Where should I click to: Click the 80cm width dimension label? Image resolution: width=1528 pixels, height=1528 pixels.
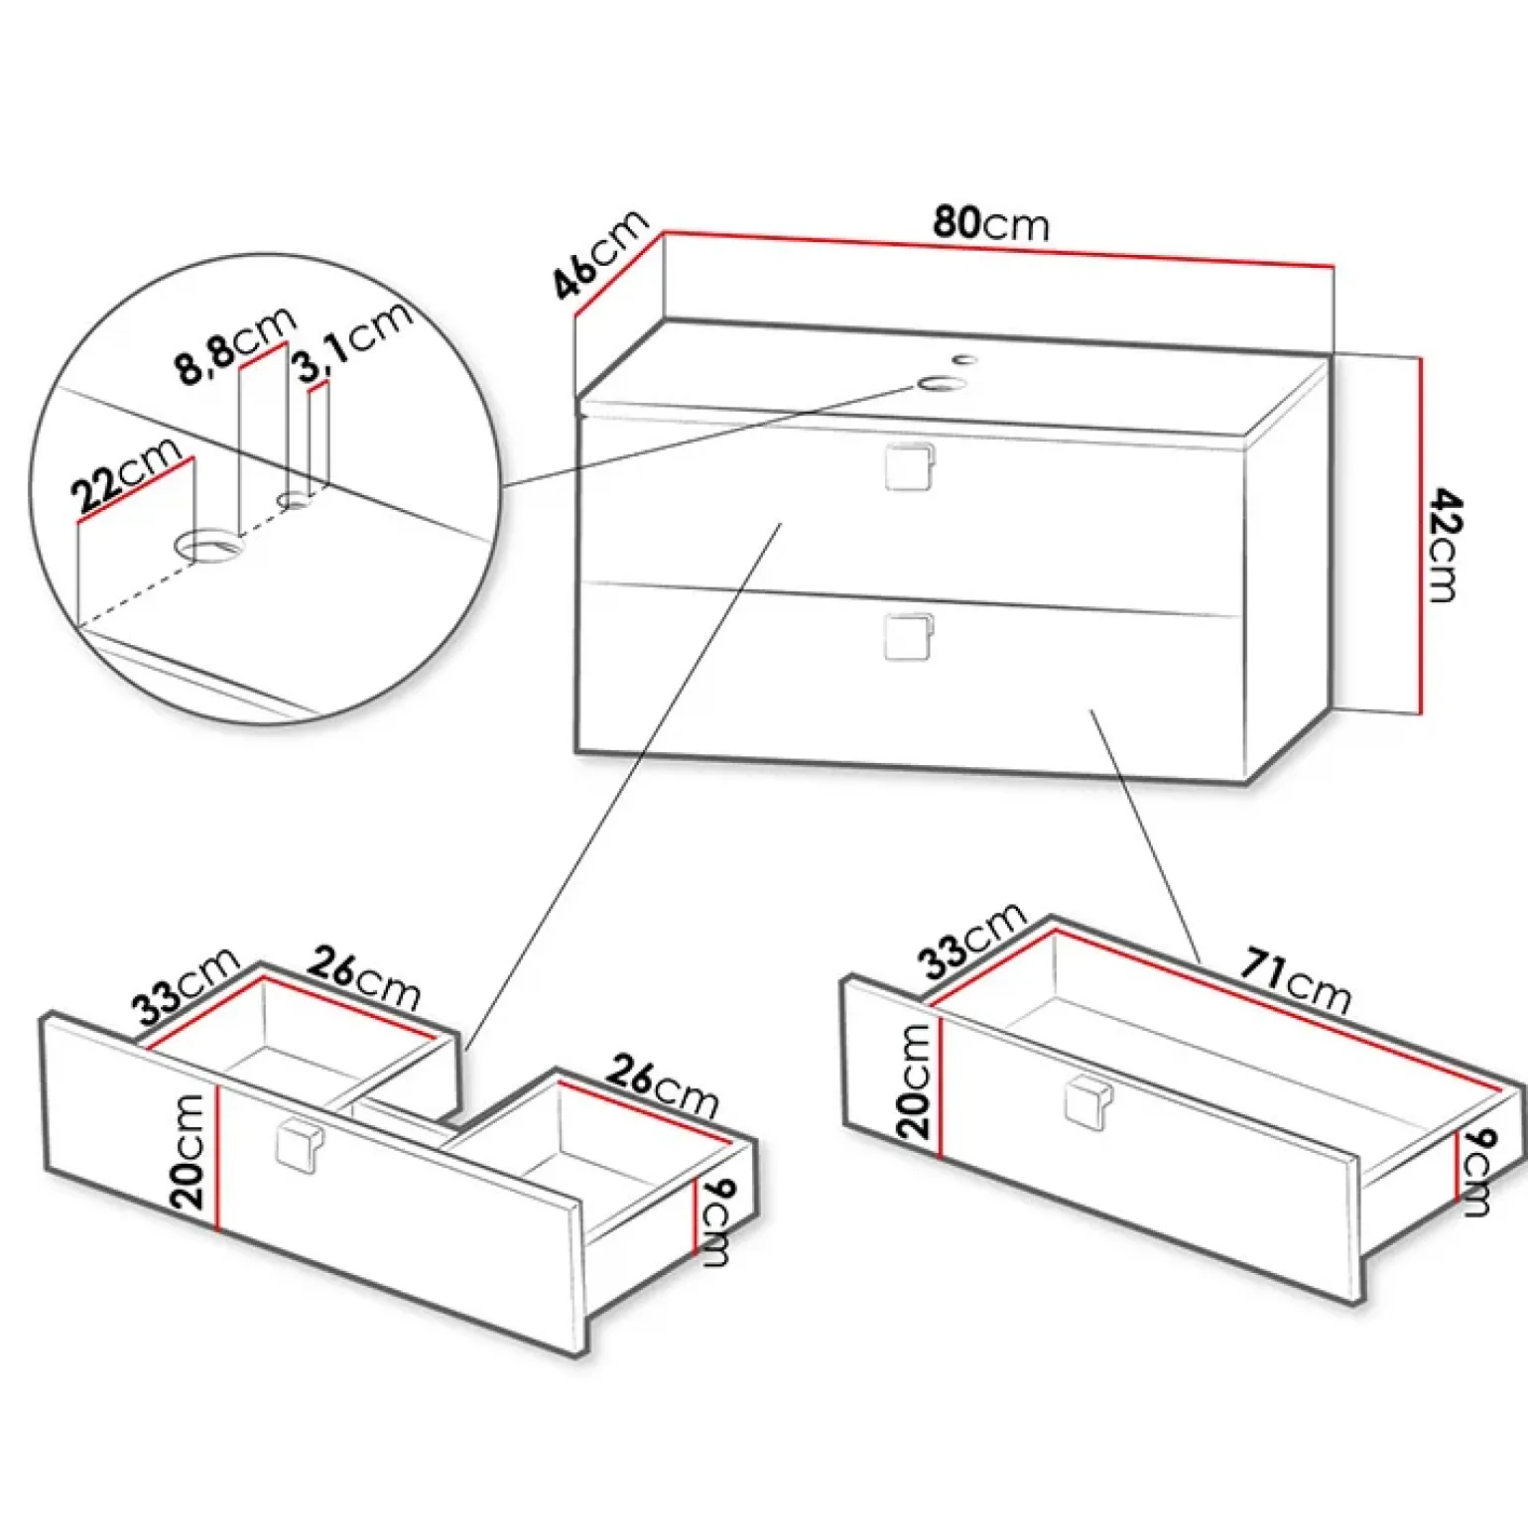coord(990,222)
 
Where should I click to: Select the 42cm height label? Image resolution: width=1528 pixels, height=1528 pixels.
coord(1444,546)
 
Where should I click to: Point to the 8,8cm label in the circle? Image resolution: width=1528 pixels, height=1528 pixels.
coord(237,343)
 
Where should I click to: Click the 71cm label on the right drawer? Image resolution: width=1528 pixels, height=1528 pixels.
coord(1296,981)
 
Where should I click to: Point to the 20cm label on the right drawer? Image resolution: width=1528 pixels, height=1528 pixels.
coord(914,1081)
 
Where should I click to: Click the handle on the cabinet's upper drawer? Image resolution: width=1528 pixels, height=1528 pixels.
coord(909,466)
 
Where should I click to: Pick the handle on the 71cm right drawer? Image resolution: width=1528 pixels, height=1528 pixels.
coord(1088,1104)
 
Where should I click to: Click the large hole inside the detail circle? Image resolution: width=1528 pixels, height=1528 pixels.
coord(208,545)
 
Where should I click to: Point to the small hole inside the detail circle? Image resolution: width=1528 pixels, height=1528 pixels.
coord(296,500)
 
